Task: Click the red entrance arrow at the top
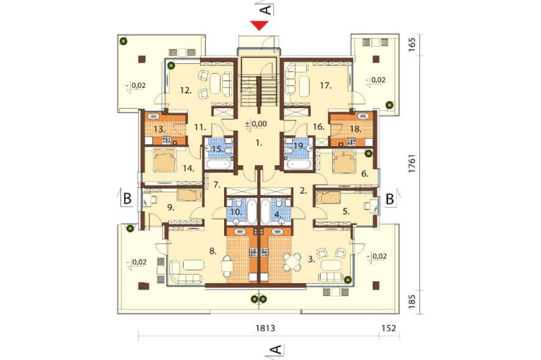pos(259,25)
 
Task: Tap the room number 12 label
pos(185,90)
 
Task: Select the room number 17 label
pos(325,85)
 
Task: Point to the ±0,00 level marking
pos(256,124)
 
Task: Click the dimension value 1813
pos(265,328)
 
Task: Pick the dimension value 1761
pos(412,164)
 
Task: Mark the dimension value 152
pos(389,328)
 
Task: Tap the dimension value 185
pos(412,301)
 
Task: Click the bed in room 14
pos(165,160)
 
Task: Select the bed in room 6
pos(343,162)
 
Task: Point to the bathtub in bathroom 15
pos(218,164)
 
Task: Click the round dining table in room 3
pos(293,262)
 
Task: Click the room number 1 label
pos(259,143)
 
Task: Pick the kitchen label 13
pos(159,130)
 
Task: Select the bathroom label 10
pos(236,211)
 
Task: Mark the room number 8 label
pos(213,251)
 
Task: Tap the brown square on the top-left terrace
pos(142,59)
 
